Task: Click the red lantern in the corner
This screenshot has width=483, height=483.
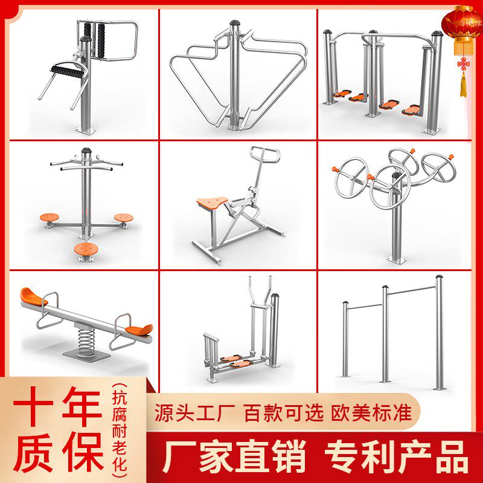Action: pos(462,27)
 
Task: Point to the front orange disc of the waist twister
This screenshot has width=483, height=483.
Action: pos(84,248)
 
